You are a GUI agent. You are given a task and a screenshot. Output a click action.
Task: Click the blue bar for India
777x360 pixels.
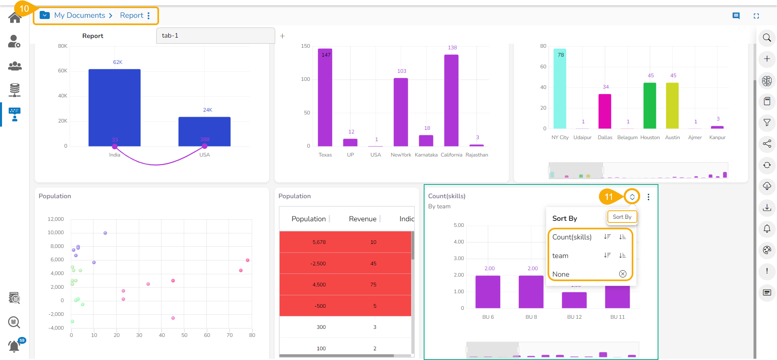click(115, 107)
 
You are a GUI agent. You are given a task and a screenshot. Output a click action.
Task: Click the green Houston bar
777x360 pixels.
click(650, 106)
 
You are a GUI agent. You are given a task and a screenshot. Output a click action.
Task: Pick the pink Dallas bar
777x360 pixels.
click(605, 111)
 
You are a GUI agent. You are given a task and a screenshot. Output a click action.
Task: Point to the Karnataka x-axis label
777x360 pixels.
click(426, 155)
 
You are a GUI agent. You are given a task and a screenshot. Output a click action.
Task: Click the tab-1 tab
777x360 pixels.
click(215, 36)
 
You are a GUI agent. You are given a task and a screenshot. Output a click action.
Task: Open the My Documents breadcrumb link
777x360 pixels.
click(80, 15)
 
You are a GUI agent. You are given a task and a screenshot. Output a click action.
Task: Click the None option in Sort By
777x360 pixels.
click(561, 274)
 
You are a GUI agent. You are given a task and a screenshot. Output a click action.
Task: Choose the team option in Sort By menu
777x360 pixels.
click(560, 256)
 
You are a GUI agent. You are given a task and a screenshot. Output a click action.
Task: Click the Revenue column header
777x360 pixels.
click(363, 219)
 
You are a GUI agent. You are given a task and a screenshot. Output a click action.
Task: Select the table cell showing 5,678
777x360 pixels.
click(319, 242)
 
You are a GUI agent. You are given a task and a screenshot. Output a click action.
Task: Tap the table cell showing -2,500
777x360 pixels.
click(318, 264)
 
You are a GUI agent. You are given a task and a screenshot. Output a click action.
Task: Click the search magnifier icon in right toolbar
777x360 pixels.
click(767, 38)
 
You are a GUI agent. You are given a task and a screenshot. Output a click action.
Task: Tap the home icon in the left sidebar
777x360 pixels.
click(15, 18)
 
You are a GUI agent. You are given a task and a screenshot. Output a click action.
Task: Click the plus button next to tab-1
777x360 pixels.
click(282, 36)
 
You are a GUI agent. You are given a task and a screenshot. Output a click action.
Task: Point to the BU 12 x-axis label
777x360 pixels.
click(574, 317)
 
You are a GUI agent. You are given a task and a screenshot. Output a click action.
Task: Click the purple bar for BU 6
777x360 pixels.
click(488, 292)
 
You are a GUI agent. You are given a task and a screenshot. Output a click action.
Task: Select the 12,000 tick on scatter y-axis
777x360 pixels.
click(56, 219)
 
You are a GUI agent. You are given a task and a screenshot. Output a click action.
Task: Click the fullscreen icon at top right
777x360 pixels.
click(756, 16)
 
